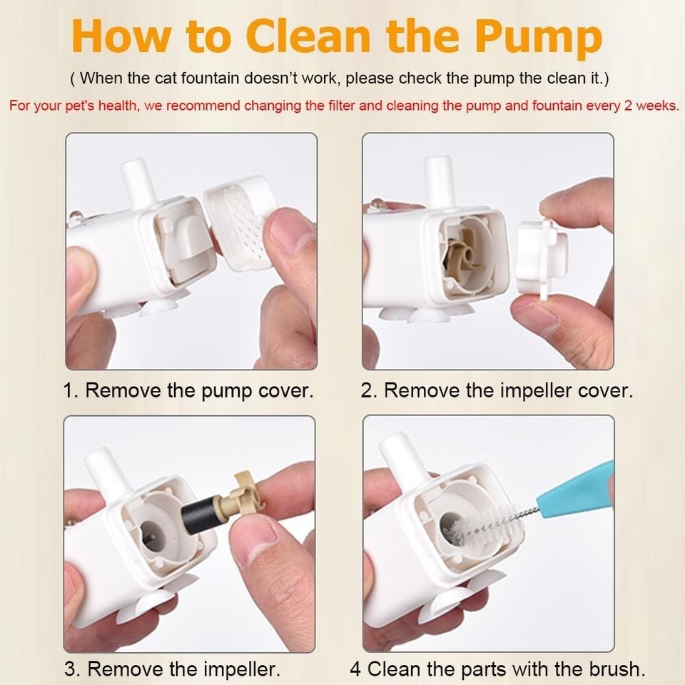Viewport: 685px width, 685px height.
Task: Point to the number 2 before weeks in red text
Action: click(x=628, y=106)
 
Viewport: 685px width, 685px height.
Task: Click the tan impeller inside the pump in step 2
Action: click(x=464, y=252)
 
